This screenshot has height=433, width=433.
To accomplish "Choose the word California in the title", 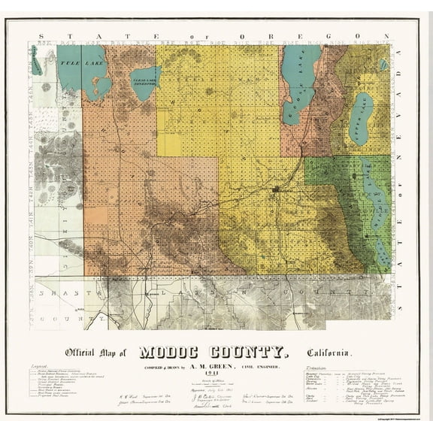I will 329,353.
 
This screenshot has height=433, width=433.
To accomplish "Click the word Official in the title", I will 82,353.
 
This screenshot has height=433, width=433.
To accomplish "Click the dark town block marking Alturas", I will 279,189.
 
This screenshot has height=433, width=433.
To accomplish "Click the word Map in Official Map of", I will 113,353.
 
